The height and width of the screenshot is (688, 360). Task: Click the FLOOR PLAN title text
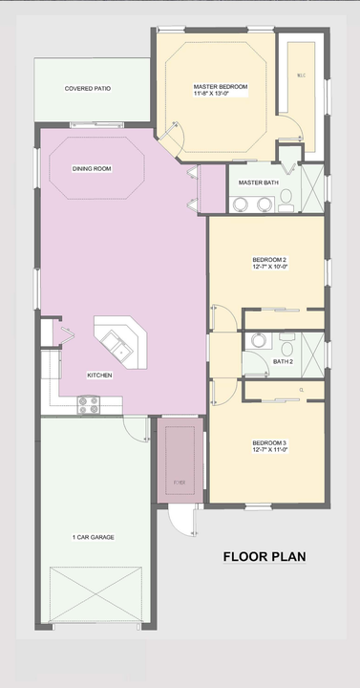click(265, 556)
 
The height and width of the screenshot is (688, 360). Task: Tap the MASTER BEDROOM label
click(220, 87)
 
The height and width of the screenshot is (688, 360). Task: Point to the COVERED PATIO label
click(88, 88)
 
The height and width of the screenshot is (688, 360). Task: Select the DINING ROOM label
click(92, 168)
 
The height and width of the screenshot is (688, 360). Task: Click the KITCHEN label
click(99, 376)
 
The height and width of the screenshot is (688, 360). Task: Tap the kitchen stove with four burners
click(89, 406)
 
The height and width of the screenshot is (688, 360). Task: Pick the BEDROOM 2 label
click(269, 260)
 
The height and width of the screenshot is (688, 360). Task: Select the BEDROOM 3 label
click(269, 442)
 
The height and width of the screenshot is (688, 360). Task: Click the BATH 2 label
click(283, 362)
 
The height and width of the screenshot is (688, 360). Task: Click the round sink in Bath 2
click(255, 339)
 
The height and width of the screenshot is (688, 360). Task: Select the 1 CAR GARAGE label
click(94, 537)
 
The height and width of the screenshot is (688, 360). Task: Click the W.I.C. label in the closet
click(299, 75)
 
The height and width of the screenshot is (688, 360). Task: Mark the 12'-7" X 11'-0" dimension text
click(269, 449)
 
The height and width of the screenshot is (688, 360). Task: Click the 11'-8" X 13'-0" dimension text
click(220, 95)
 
